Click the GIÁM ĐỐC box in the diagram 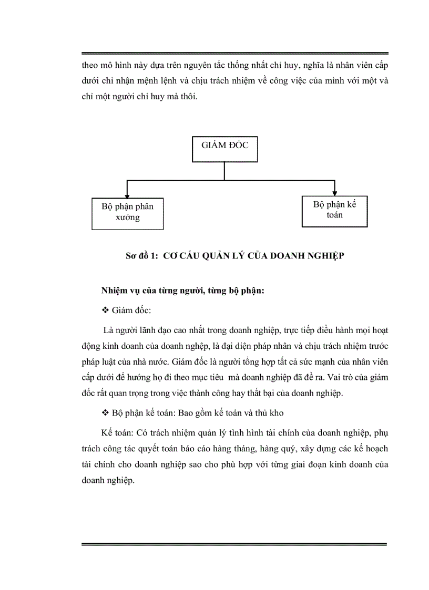pos(224,150)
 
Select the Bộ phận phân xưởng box pos(127,213)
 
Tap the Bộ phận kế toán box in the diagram pos(334,210)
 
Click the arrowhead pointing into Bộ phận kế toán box pos(334,191)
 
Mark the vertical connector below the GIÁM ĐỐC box pos(224,171)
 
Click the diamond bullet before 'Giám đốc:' pos(104,311)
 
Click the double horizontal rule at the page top pos(234,54)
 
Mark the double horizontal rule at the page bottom pos(234,545)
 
